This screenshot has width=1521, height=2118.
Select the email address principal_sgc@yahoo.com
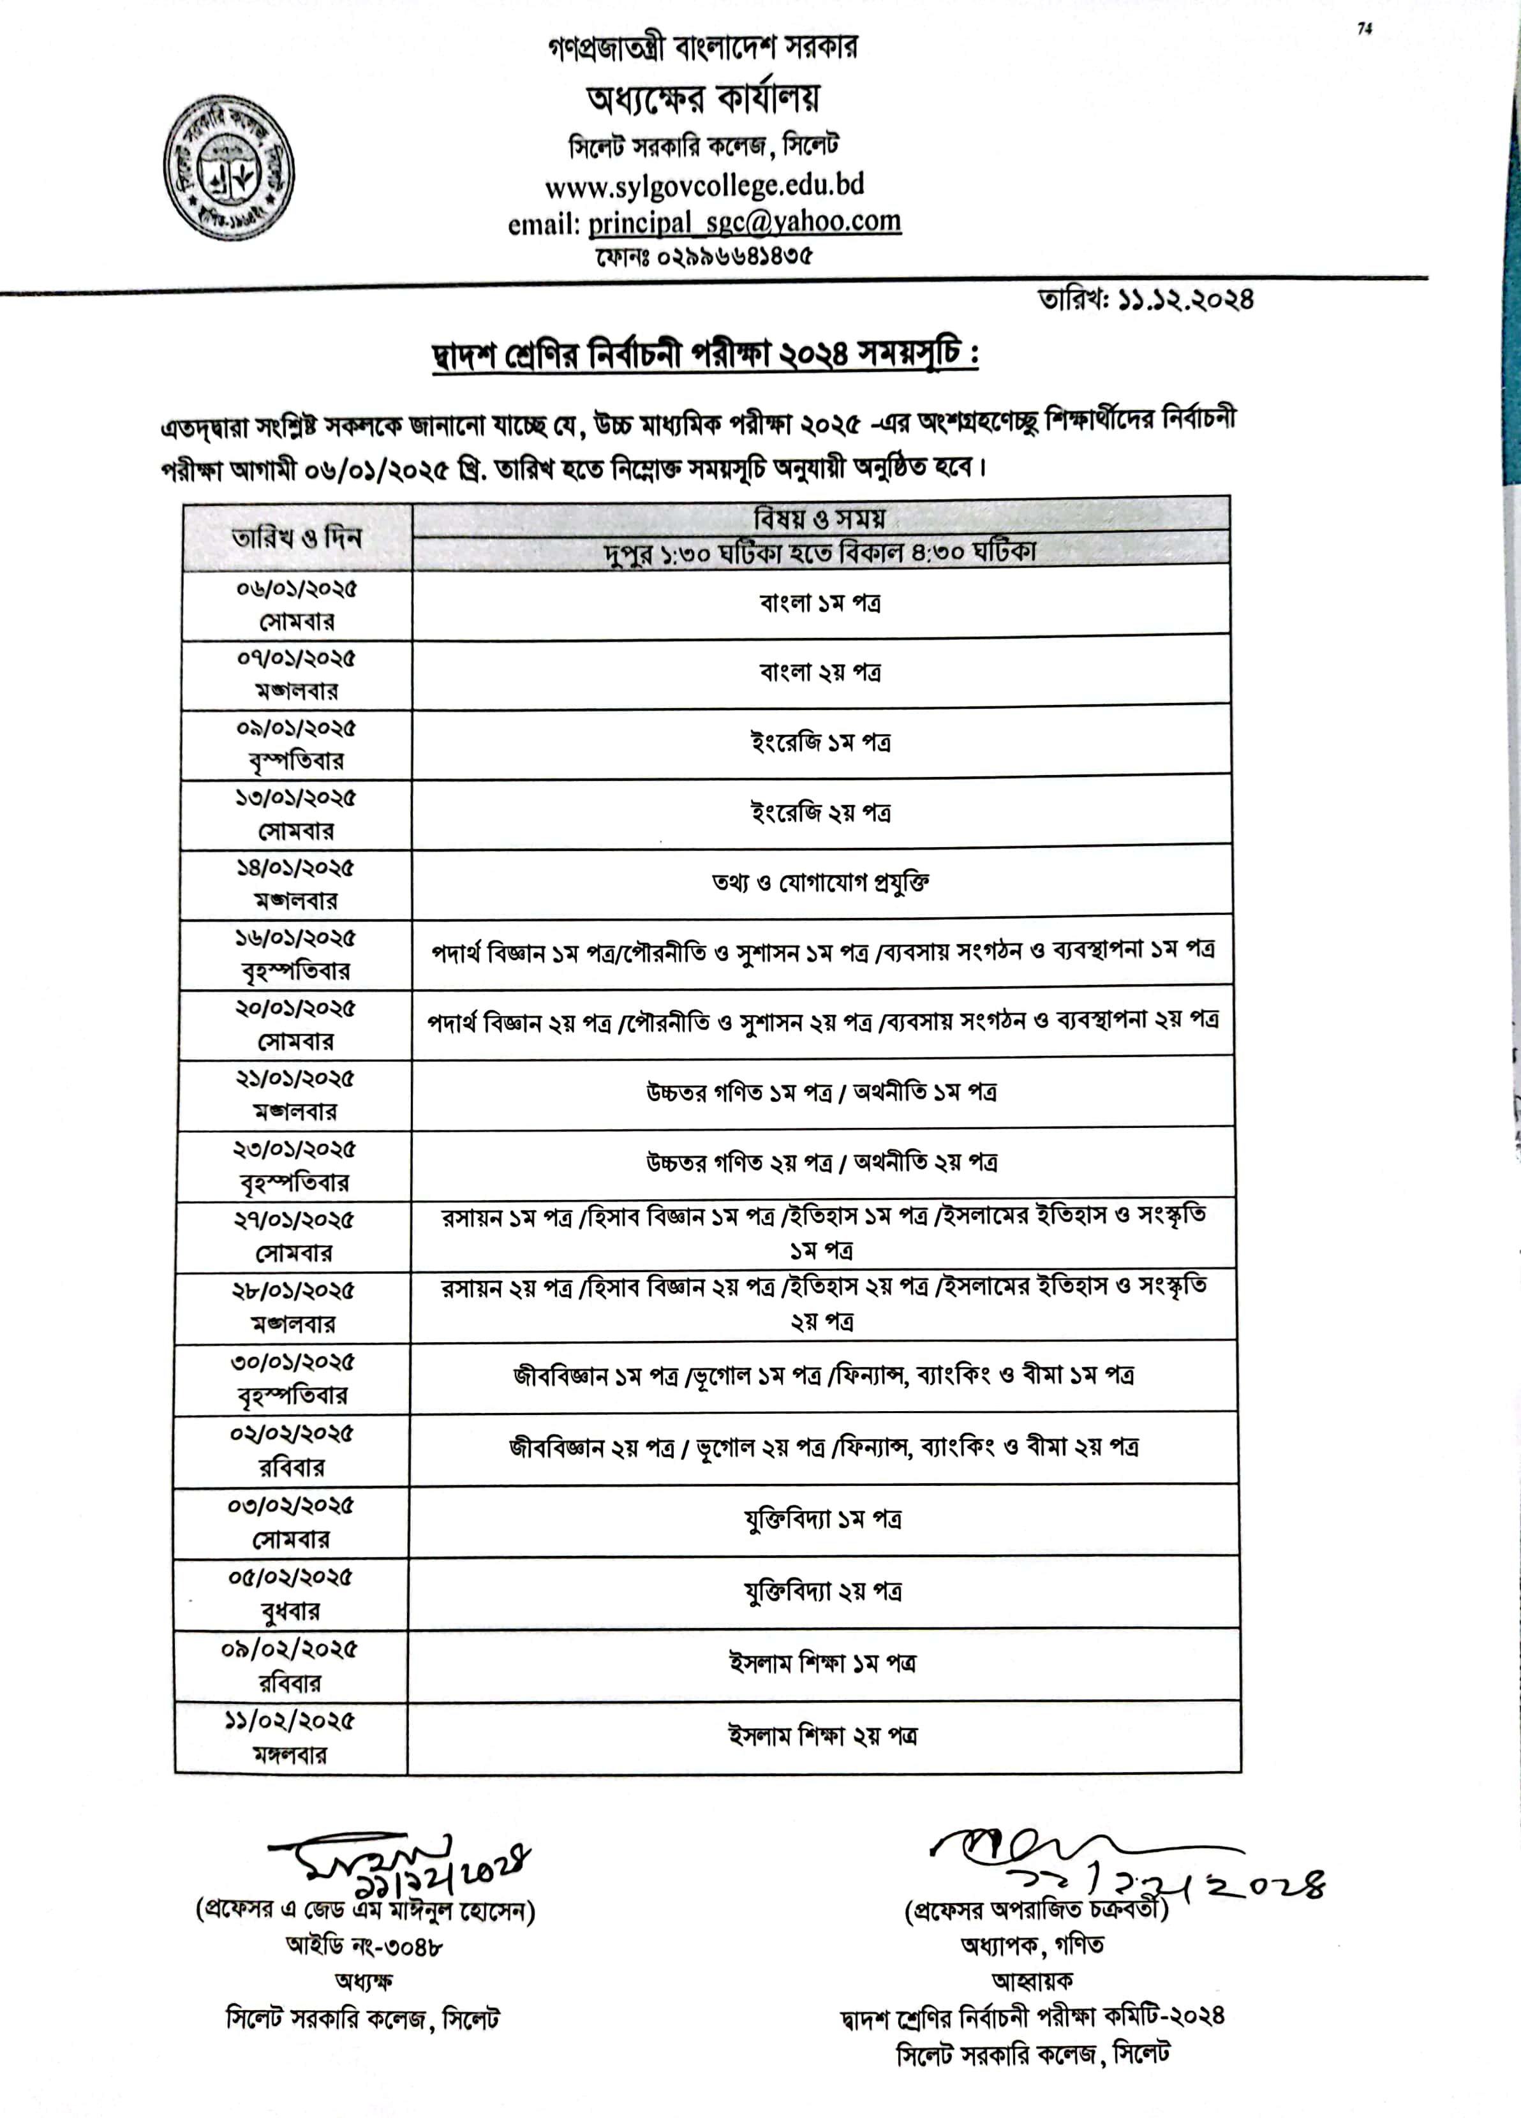[x=744, y=222]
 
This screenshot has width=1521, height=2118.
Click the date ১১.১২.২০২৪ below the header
[x=1184, y=300]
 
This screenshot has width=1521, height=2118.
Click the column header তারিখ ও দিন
[x=297, y=538]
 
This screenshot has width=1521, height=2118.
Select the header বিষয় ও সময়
[x=820, y=517]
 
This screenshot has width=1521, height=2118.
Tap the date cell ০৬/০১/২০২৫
[x=296, y=590]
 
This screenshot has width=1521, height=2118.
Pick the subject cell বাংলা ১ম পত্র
[x=820, y=604]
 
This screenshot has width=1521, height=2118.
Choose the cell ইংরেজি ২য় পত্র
[x=820, y=813]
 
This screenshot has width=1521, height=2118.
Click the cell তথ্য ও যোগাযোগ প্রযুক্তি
[x=820, y=882]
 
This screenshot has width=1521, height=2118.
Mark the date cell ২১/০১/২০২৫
[x=295, y=1079]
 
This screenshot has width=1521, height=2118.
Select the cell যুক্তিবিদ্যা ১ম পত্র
[x=822, y=1520]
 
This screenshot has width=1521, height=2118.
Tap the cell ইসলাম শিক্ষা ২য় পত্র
[x=822, y=1736]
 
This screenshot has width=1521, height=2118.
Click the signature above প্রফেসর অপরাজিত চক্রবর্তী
[x=1120, y=1863]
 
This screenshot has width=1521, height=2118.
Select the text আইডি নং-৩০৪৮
[x=364, y=1946]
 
